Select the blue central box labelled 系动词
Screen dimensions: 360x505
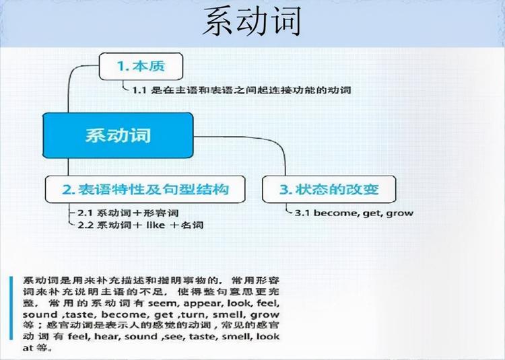(x=117, y=135)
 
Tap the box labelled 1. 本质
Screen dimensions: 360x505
(x=141, y=66)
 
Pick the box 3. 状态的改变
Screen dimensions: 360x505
(x=329, y=190)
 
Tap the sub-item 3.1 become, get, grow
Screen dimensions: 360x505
(x=354, y=213)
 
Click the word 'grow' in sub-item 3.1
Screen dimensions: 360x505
(x=400, y=213)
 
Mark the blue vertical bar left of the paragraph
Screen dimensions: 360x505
(x=12, y=314)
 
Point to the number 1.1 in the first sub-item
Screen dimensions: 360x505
(x=139, y=89)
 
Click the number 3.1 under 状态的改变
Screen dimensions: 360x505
(x=303, y=213)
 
